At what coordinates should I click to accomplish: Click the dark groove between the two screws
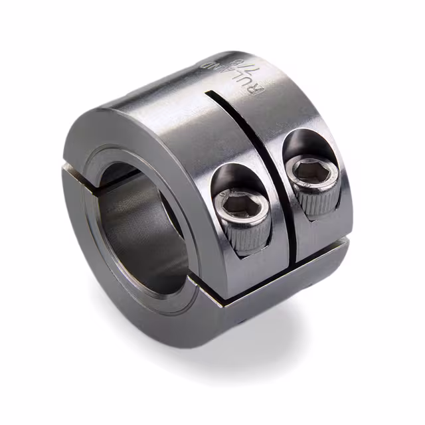(x=276, y=199)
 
